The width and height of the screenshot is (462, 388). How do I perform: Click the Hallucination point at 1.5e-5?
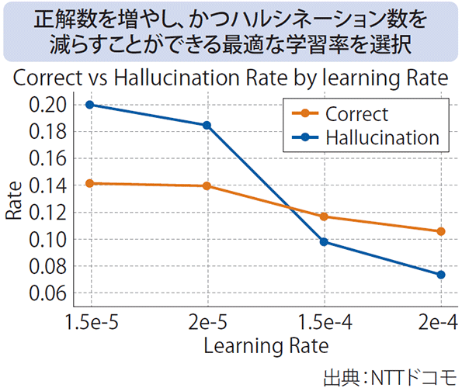coord(92,105)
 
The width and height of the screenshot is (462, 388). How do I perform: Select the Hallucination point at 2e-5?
coord(207,125)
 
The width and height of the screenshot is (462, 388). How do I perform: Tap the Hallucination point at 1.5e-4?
coord(325,241)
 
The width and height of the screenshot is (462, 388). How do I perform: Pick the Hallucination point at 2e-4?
coord(441,275)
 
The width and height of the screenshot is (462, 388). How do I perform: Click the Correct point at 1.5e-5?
coord(92,183)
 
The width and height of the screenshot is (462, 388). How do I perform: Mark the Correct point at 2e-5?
coord(207,186)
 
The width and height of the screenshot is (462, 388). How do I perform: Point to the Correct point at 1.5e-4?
coord(325,217)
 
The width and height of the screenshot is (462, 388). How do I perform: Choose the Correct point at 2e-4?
coord(441,231)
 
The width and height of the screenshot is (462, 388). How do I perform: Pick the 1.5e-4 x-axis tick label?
coord(325,321)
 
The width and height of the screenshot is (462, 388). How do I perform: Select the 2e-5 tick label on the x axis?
coord(207,321)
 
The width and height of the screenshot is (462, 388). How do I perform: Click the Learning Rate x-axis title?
coord(266,344)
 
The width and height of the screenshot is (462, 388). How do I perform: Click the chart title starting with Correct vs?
coord(231,79)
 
